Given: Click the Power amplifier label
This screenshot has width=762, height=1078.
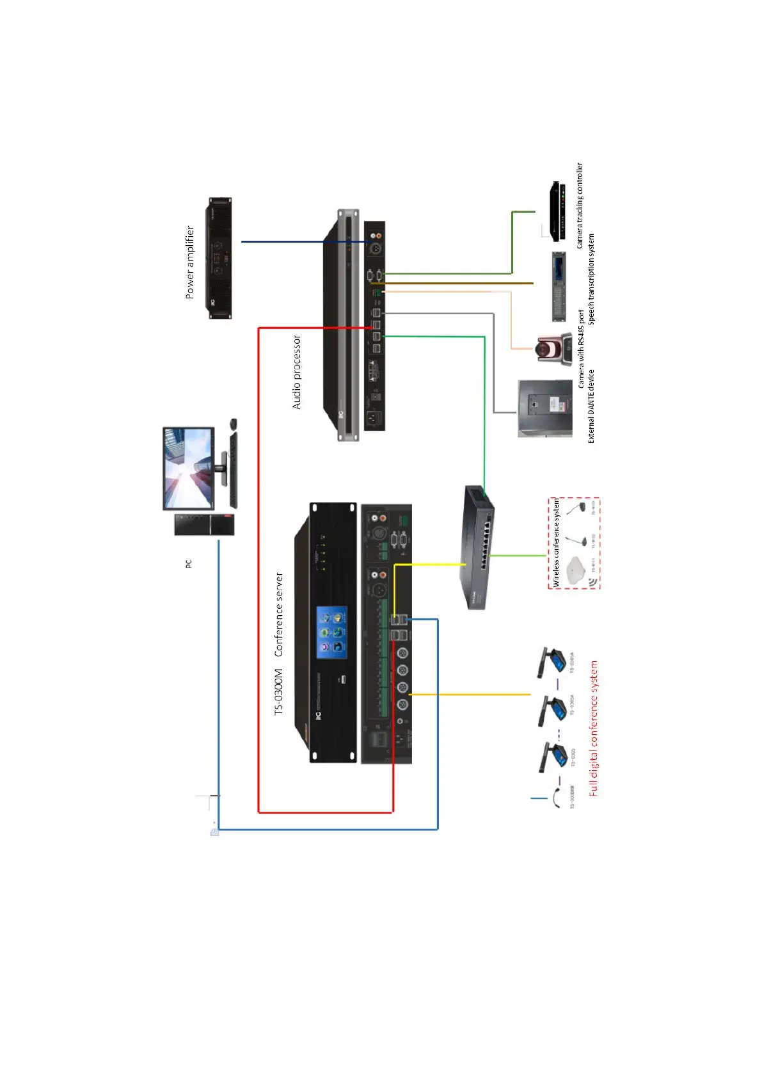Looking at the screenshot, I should (x=189, y=262).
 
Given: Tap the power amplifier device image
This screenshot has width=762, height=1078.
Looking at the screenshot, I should (x=218, y=258).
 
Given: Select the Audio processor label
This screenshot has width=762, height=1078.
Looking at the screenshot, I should (x=297, y=372).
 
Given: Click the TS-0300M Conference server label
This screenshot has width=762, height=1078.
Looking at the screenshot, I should (x=279, y=643).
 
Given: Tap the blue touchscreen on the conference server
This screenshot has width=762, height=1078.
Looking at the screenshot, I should (x=332, y=632).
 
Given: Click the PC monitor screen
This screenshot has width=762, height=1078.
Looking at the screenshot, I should (x=188, y=469).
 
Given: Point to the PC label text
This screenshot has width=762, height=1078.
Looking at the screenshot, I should (x=189, y=563).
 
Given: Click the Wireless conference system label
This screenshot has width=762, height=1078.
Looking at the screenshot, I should (x=556, y=543).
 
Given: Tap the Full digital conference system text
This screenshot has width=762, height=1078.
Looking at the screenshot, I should (x=594, y=728).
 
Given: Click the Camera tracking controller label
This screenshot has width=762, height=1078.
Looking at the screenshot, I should (x=580, y=205).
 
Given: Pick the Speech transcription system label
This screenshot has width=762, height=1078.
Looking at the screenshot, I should (x=591, y=278).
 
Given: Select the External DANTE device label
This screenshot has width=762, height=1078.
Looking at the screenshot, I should (x=591, y=406).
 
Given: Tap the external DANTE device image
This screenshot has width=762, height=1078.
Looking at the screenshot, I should (x=545, y=409).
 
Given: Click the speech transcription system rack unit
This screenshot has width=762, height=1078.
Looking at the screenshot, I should (x=559, y=286).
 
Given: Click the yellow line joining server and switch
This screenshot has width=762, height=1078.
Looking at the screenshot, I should (x=429, y=565).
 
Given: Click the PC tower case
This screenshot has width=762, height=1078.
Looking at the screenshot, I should (x=204, y=525).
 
